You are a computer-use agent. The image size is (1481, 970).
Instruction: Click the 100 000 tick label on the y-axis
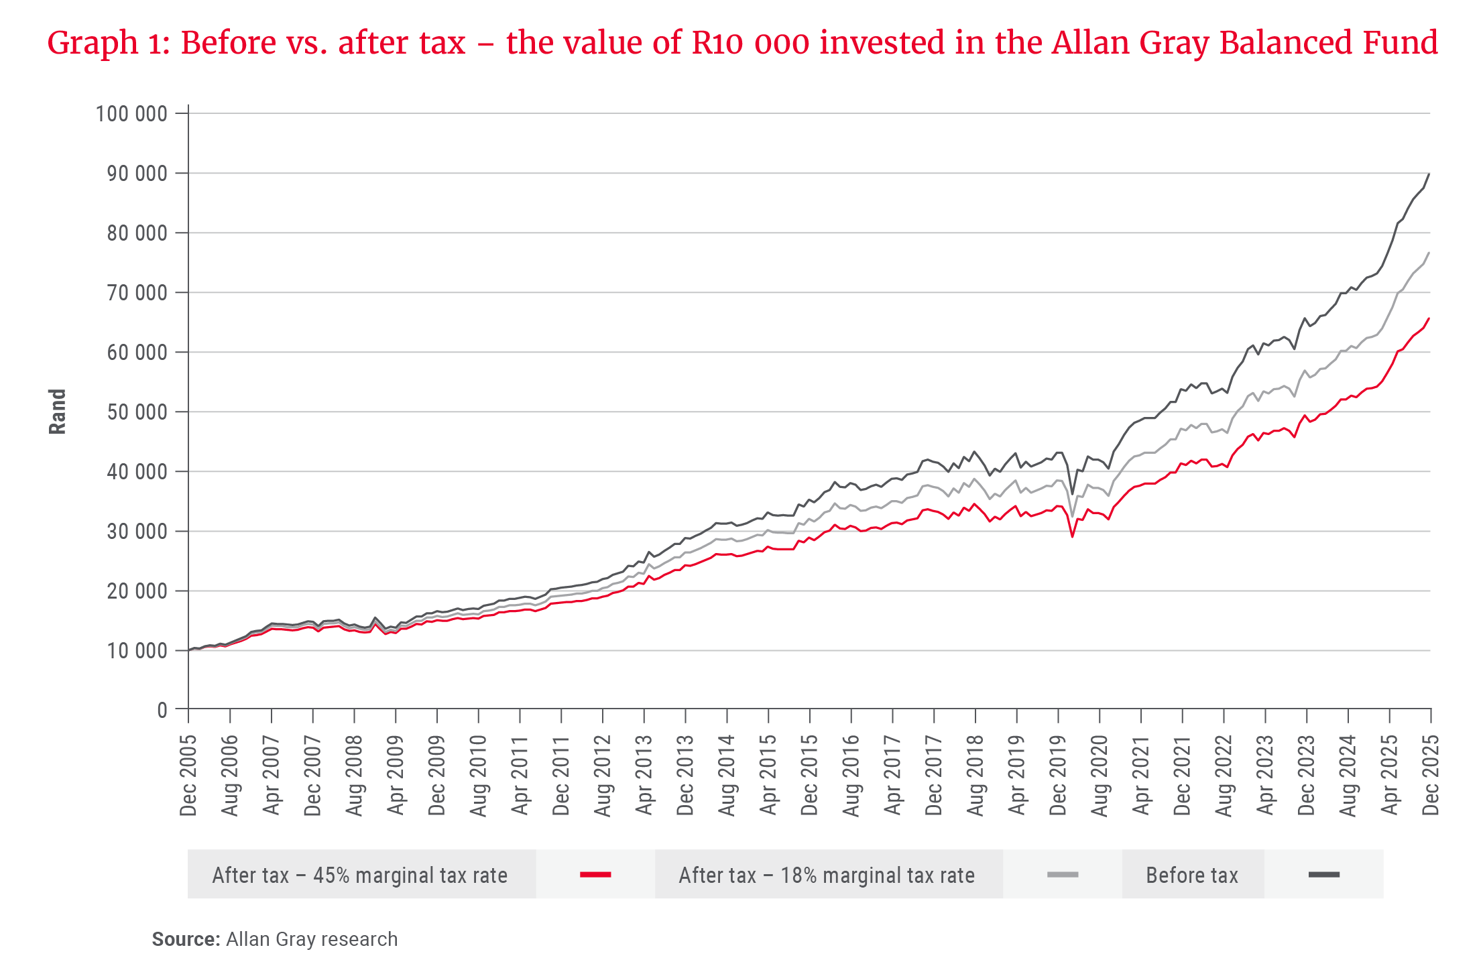pos(131,114)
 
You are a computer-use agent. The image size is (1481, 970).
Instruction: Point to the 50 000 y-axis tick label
pos(137,412)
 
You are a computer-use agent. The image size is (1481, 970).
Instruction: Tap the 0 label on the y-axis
pos(162,710)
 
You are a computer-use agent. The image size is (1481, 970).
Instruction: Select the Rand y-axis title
pos(58,412)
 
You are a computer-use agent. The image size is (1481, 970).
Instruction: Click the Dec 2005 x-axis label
pos(188,776)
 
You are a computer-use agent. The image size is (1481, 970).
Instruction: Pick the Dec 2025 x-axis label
pos(1430,776)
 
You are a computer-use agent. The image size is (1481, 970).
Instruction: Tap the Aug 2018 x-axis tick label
pos(975,776)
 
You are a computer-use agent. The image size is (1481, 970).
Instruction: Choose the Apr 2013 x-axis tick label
pos(644,776)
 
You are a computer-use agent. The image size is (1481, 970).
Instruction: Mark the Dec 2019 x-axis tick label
pos(1058,776)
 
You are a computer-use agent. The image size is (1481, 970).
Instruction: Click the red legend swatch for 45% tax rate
pos(595,875)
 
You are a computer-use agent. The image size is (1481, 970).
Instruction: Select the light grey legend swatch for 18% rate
pos(1063,875)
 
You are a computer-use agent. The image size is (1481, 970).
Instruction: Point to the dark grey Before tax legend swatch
pos(1323,875)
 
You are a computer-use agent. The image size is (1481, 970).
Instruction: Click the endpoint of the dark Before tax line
pos(1429,174)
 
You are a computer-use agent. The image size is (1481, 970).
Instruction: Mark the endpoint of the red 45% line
pos(1429,318)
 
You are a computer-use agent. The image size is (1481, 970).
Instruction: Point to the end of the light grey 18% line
pos(1429,252)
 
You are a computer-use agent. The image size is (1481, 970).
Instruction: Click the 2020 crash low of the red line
pos(1073,537)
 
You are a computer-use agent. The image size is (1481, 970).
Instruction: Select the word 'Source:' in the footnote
pos(186,939)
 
